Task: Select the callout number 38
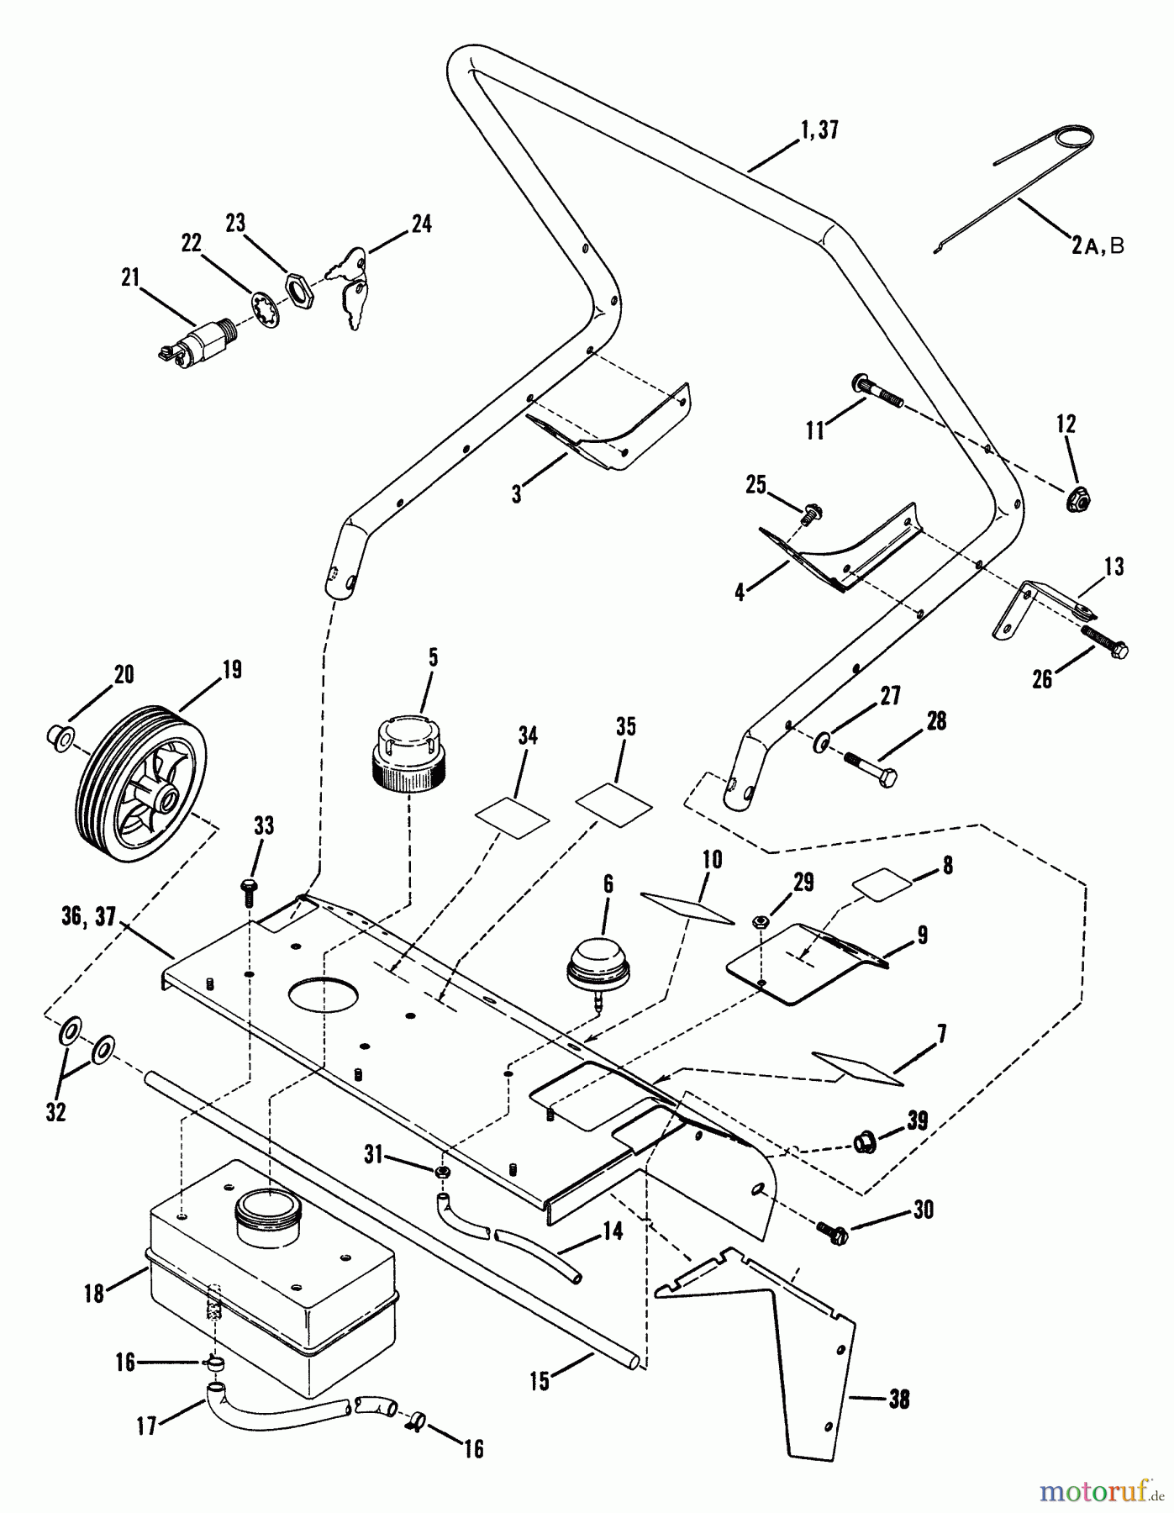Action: pos(898,1400)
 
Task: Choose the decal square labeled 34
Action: pos(512,815)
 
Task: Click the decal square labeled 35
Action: pos(613,803)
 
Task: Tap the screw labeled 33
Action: pos(249,889)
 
